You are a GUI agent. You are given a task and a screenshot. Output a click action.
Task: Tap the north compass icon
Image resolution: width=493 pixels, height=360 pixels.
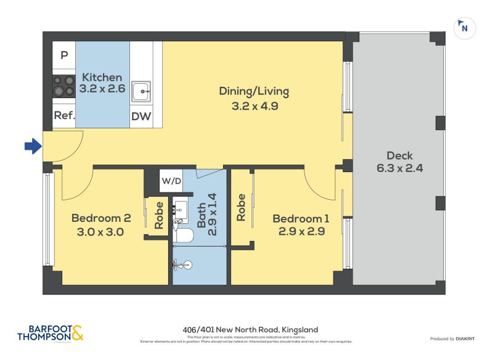(464, 28)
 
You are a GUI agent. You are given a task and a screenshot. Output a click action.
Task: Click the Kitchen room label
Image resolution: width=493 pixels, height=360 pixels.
(102, 78)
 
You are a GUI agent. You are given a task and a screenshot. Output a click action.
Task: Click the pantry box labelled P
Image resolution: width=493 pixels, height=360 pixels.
(63, 55)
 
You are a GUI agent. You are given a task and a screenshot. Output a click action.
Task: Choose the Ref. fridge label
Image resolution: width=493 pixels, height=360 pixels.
(64, 115)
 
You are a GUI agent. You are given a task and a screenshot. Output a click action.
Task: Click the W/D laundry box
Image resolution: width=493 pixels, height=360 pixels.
(171, 181)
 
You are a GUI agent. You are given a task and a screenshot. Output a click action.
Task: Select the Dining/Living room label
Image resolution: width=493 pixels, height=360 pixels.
(254, 91)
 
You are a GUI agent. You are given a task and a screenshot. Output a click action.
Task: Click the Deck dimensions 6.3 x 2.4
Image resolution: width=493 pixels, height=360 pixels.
(399, 168)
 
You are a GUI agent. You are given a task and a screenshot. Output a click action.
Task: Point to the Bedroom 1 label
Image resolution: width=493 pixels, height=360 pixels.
(301, 219)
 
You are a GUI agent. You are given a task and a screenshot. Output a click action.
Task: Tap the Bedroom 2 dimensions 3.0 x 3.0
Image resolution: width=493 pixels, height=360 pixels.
(101, 232)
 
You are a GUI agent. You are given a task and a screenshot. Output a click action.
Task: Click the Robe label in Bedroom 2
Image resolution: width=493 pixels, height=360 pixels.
(158, 216)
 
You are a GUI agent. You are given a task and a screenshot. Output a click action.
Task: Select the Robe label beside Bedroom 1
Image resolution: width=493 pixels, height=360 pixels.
(241, 208)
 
